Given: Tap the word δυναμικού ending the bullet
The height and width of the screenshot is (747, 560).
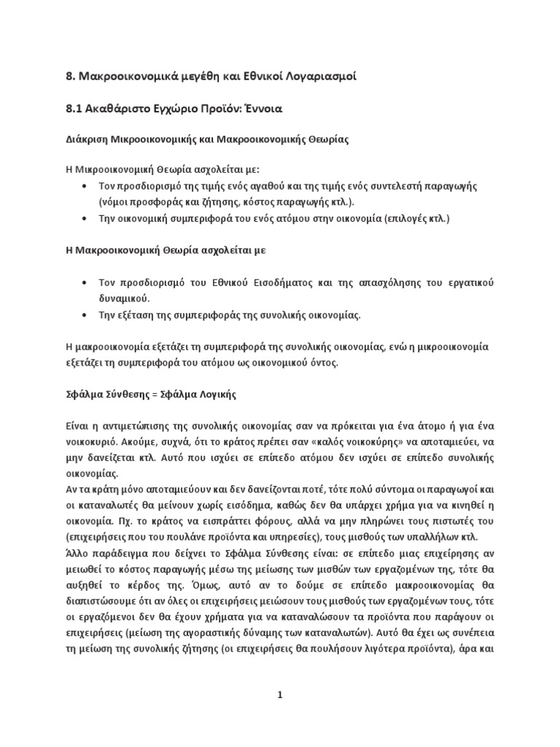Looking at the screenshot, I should point(124,298).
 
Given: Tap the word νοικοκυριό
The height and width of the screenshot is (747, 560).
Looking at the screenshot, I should point(90,442).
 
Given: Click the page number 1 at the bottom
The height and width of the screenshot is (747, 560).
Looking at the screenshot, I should point(279,695).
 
